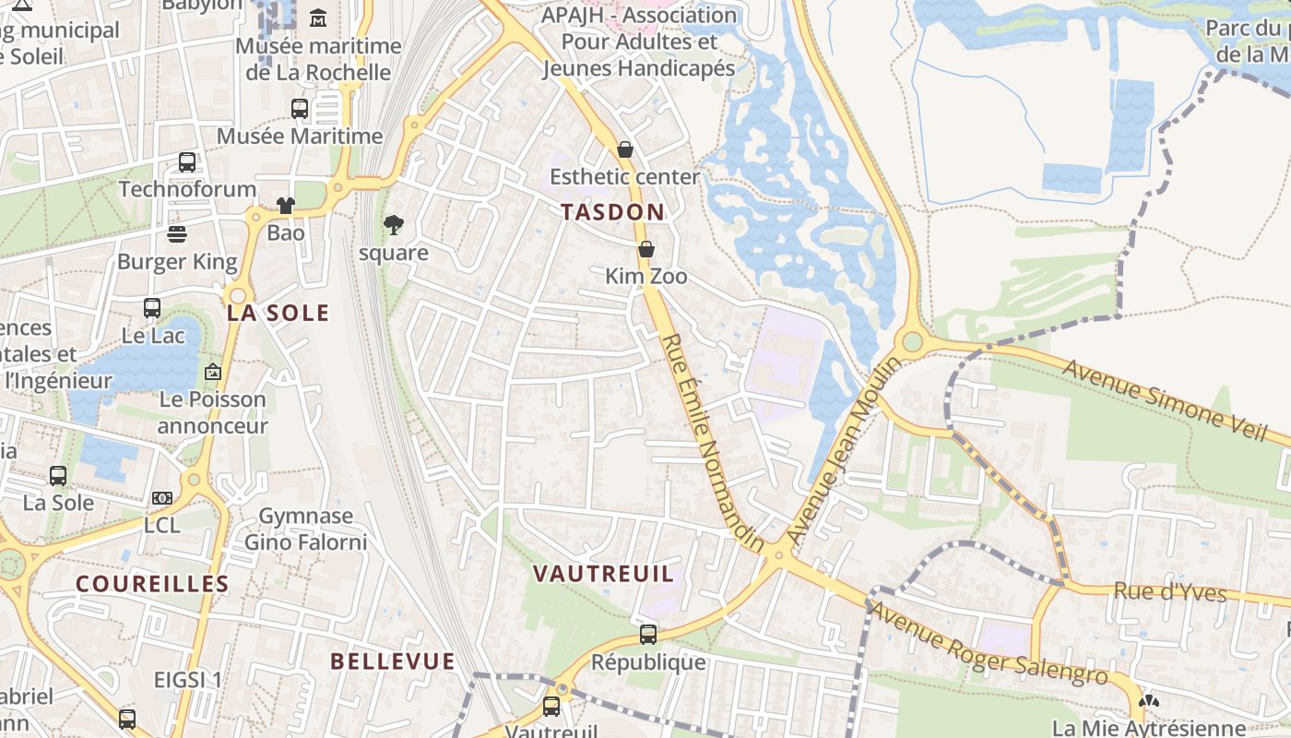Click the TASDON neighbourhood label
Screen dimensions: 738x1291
612,212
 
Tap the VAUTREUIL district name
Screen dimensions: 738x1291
604,574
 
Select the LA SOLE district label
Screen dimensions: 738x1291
278,313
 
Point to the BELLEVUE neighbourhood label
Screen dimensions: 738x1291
393,661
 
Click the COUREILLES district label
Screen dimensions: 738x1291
152,584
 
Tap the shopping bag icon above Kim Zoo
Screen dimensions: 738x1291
646,249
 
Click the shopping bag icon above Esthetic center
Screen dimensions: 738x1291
625,149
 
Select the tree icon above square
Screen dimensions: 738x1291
394,225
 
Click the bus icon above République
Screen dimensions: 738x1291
648,635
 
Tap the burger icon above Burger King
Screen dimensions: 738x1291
177,234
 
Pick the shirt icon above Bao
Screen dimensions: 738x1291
286,206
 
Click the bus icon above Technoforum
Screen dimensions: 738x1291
187,162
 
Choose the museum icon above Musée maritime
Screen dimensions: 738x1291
318,18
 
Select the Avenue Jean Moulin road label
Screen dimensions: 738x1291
843,449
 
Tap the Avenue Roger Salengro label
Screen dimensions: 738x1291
988,643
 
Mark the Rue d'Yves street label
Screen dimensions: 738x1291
1170,591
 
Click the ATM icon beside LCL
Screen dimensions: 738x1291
162,498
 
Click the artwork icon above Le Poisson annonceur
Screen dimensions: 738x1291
213,373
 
